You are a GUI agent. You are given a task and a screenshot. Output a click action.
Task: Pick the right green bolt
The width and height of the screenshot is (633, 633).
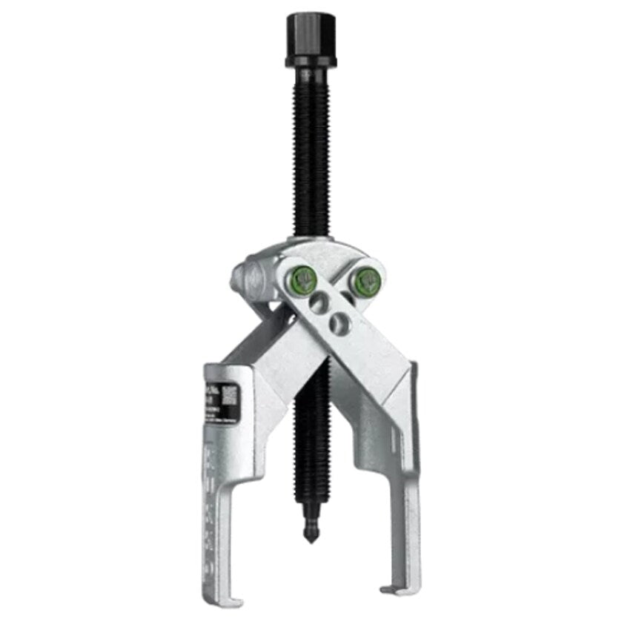pyautogui.click(x=368, y=280)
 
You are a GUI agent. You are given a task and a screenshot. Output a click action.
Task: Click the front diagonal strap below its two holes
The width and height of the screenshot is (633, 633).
pyautogui.click(x=371, y=363)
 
